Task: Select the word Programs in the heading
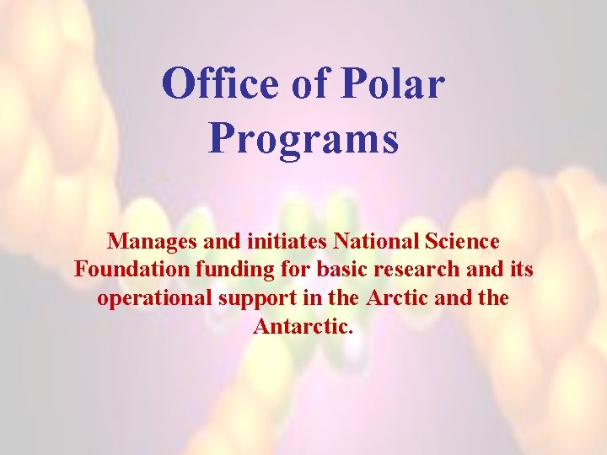pos(303,136)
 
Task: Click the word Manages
pos(148,243)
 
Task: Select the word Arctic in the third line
pos(396,298)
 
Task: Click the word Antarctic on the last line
pos(299,326)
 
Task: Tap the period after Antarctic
pos(350,331)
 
